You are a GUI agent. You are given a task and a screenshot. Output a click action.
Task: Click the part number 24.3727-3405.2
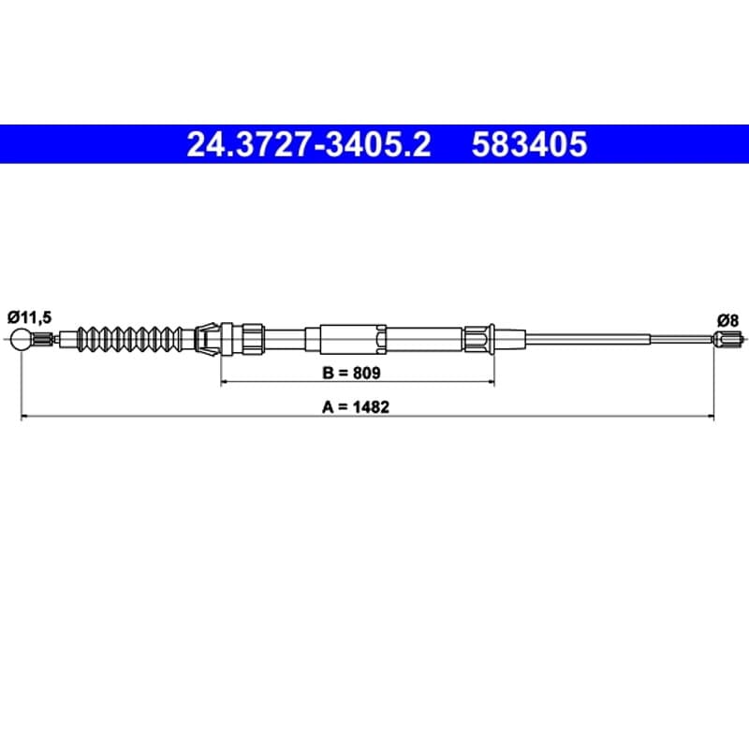[x=309, y=144]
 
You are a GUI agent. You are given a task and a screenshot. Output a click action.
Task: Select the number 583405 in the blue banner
[x=529, y=144]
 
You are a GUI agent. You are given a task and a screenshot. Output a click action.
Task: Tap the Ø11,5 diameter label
[x=30, y=316]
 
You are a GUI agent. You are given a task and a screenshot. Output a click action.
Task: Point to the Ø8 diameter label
[x=727, y=320]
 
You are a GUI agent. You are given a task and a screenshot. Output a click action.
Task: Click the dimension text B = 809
[x=352, y=372]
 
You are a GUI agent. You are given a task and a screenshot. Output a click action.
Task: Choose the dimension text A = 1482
[x=356, y=407]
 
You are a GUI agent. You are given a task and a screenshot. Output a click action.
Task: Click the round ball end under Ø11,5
[x=22, y=339]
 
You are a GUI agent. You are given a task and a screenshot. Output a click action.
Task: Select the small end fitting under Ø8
[x=727, y=339]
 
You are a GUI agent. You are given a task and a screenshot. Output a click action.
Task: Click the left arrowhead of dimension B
[x=225, y=382]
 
